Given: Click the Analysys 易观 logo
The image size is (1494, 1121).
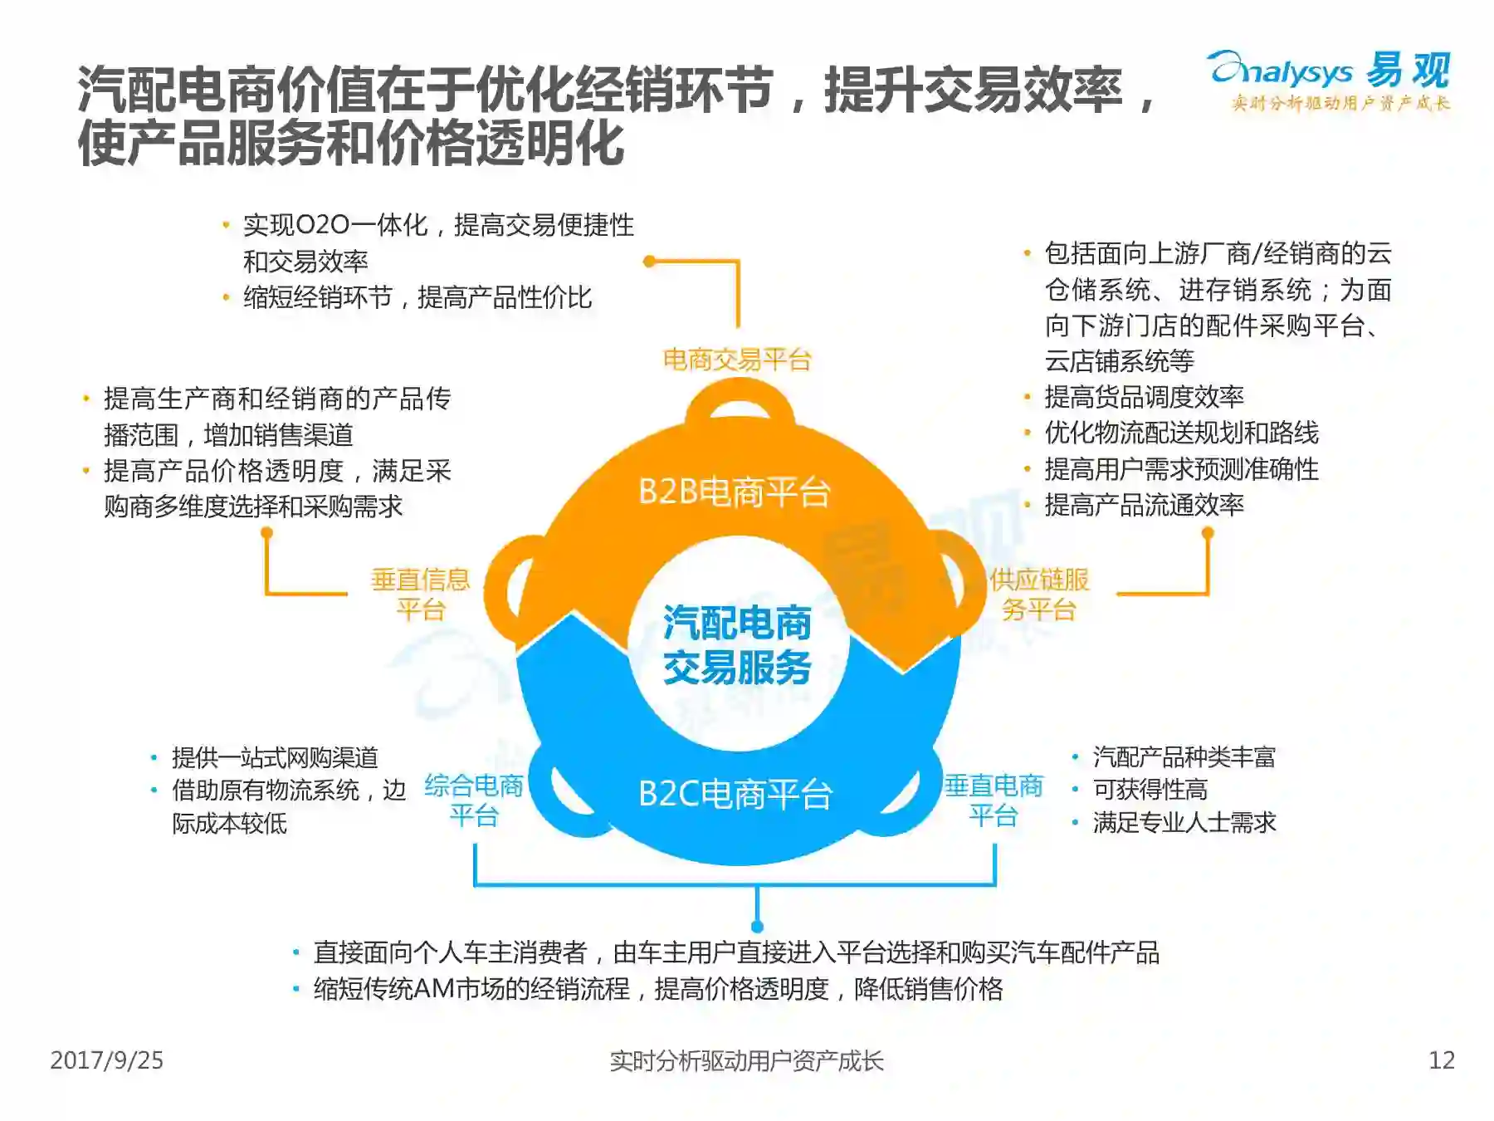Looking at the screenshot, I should (x=1330, y=79).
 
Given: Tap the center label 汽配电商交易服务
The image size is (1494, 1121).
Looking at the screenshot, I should (x=737, y=644).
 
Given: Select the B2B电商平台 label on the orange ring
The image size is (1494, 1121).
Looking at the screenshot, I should (x=734, y=492).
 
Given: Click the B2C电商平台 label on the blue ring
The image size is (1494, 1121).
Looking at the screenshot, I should (x=735, y=794).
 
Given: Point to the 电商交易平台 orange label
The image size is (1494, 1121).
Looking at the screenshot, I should (x=736, y=360).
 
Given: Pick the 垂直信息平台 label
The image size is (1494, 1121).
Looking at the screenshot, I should (x=421, y=594).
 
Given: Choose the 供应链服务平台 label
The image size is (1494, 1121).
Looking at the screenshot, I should (x=1039, y=594).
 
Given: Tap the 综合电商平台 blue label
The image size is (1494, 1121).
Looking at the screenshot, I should (x=474, y=800).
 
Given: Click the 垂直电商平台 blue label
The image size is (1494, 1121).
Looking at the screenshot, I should (x=994, y=800).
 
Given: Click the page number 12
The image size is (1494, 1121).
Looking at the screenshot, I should (x=1441, y=1060).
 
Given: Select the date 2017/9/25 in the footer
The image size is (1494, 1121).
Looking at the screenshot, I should (x=106, y=1060).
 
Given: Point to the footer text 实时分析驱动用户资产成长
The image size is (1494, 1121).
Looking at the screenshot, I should (x=746, y=1060).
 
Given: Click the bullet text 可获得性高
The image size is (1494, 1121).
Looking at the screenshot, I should (x=1150, y=790).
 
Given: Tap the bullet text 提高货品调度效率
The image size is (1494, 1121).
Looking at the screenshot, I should (x=1144, y=397).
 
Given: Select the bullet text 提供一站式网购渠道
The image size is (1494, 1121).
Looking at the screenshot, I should (x=275, y=757).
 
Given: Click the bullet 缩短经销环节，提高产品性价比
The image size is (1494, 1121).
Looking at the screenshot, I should (x=417, y=297).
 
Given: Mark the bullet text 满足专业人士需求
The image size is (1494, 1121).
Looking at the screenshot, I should (x=1184, y=823).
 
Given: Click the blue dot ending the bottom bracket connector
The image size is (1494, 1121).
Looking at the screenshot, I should (x=757, y=927).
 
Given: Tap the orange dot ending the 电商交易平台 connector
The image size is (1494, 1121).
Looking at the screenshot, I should (x=649, y=262).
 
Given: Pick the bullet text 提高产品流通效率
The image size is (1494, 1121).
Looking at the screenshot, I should (x=1144, y=505).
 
